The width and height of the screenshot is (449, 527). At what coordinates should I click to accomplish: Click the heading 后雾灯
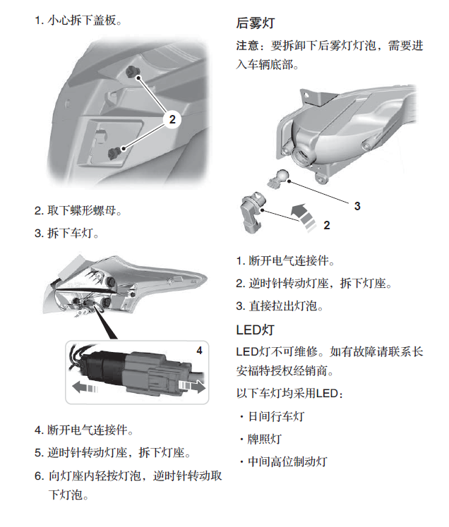point(256,23)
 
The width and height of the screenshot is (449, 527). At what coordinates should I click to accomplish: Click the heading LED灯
point(255,329)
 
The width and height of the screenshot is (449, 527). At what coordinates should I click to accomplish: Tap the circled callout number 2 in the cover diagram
point(172,119)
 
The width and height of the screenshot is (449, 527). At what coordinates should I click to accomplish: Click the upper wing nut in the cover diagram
point(131,71)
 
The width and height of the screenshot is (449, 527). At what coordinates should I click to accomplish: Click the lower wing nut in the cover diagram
point(114,153)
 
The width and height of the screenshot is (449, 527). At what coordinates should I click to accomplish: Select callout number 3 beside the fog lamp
point(357,206)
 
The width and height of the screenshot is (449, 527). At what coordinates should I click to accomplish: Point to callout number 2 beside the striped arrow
point(327,225)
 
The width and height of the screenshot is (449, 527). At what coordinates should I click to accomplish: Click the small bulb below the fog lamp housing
point(278,178)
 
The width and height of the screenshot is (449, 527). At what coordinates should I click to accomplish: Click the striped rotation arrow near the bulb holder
point(304,217)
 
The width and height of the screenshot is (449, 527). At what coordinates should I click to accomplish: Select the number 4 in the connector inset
point(199,351)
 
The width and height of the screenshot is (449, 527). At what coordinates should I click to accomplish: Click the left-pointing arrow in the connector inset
point(85,387)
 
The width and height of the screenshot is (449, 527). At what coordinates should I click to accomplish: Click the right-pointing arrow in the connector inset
point(192,386)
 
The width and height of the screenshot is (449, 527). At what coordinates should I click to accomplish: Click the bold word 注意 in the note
point(248,45)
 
